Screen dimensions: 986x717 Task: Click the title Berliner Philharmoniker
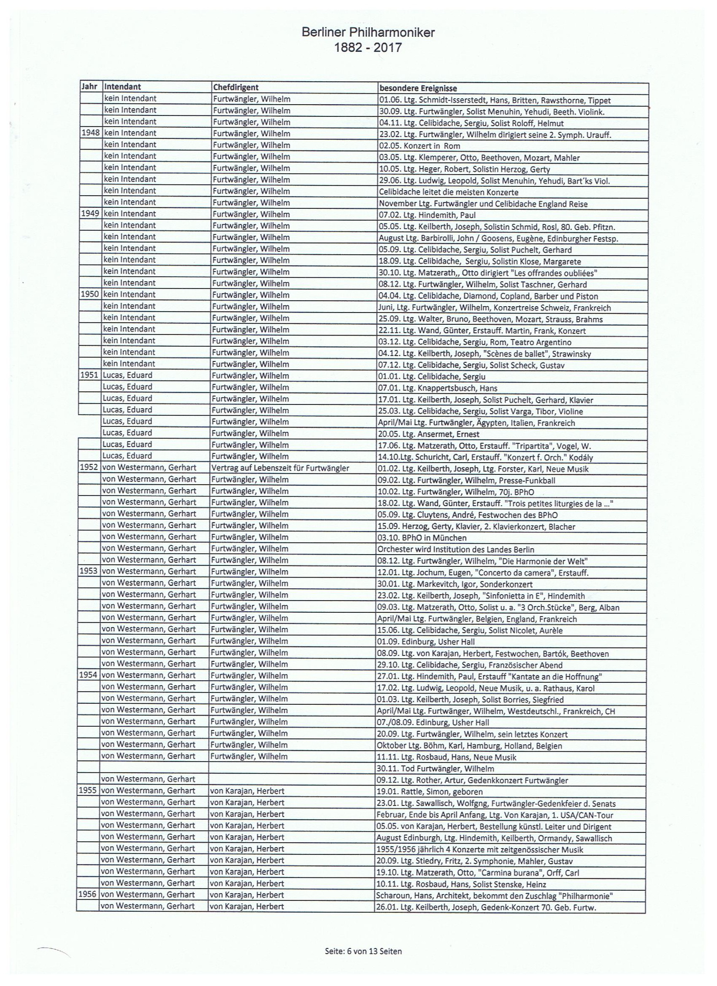(368, 33)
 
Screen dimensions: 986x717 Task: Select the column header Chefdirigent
(236, 88)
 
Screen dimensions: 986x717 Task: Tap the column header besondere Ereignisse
(418, 89)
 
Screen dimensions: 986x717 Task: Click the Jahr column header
(89, 87)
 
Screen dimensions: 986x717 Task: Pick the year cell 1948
(90, 133)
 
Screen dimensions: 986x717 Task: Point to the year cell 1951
(89, 375)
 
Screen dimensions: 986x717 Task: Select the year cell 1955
(88, 791)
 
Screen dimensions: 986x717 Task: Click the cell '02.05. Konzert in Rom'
(420, 146)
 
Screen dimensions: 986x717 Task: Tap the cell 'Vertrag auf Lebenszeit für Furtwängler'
(280, 468)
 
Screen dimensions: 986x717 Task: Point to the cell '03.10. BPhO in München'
(422, 538)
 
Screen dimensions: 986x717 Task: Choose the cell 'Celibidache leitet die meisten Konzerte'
(448, 192)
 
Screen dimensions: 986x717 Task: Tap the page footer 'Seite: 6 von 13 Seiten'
(363, 951)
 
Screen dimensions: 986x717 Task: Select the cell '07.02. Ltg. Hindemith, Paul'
(427, 215)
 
